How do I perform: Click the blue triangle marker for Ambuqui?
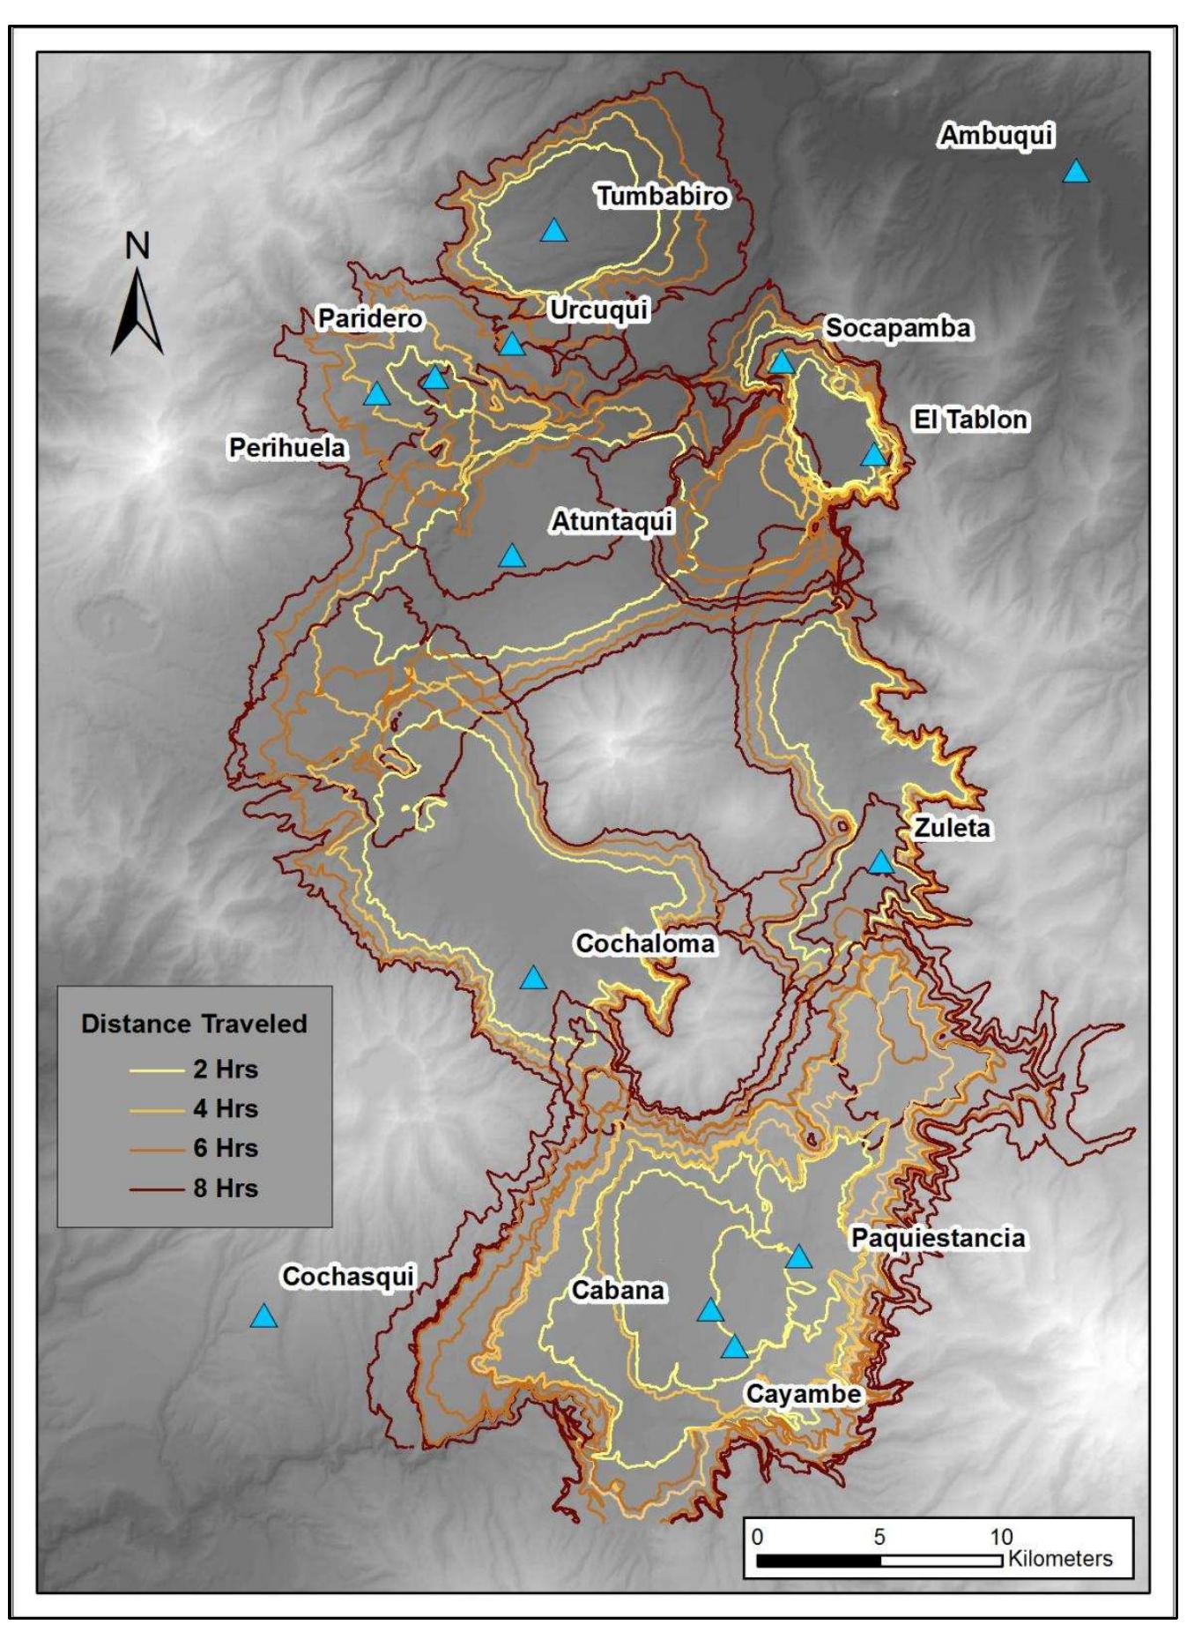tap(1075, 172)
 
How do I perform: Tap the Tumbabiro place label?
tap(663, 196)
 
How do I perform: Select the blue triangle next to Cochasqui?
tap(263, 1317)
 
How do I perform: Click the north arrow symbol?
tap(137, 314)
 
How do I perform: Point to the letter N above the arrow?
tap(137, 246)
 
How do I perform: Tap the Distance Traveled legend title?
tap(194, 1024)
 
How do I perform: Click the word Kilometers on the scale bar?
tap(1060, 1558)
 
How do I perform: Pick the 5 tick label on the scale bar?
tap(879, 1537)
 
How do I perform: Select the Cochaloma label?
tap(645, 943)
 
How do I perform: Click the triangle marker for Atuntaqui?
tap(512, 556)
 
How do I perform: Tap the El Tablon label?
tap(970, 419)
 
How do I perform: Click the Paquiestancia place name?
tap(938, 1238)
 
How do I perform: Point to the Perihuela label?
tap(287, 448)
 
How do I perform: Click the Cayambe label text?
tap(803, 1394)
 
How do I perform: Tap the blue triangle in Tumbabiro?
tap(553, 231)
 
